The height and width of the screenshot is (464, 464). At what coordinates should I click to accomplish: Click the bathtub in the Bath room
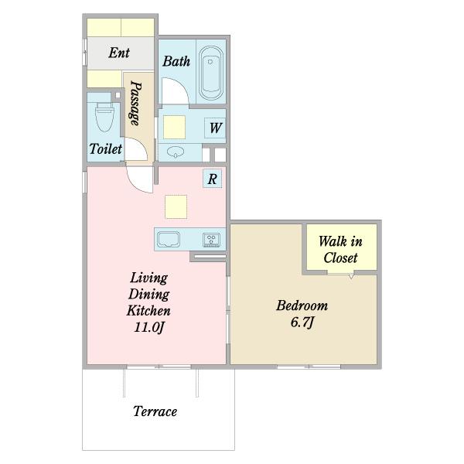pyautogui.click(x=210, y=73)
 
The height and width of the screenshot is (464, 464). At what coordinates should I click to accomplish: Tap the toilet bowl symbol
pyautogui.click(x=104, y=117)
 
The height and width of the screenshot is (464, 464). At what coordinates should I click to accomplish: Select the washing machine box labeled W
pyautogui.click(x=215, y=128)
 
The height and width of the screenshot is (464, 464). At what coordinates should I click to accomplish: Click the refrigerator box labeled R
pyautogui.click(x=212, y=179)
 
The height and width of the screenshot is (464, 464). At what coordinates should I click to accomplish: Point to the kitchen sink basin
pyautogui.click(x=169, y=239)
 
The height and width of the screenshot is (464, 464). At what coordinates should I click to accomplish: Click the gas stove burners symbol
pyautogui.click(x=211, y=240)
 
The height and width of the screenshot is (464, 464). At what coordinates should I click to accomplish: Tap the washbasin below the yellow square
pyautogui.click(x=176, y=152)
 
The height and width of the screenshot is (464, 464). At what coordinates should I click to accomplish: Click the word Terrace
pyautogui.click(x=155, y=411)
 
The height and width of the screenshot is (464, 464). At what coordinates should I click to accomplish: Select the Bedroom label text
pyautogui.click(x=302, y=305)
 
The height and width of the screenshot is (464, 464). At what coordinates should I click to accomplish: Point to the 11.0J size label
pyautogui.click(x=148, y=327)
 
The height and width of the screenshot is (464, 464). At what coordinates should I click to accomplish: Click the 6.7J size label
pyautogui.click(x=302, y=322)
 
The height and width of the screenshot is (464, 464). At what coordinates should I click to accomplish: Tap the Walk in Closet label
pyautogui.click(x=340, y=250)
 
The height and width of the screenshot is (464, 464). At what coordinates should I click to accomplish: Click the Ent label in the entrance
pyautogui.click(x=119, y=53)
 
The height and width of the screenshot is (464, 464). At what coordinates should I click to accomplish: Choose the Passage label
pyautogui.click(x=136, y=103)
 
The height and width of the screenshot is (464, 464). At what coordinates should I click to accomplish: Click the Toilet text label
pyautogui.click(x=106, y=148)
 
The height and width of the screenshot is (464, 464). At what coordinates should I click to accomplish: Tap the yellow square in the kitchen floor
pyautogui.click(x=176, y=206)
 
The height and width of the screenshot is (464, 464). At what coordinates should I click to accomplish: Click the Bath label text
pyautogui.click(x=176, y=61)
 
